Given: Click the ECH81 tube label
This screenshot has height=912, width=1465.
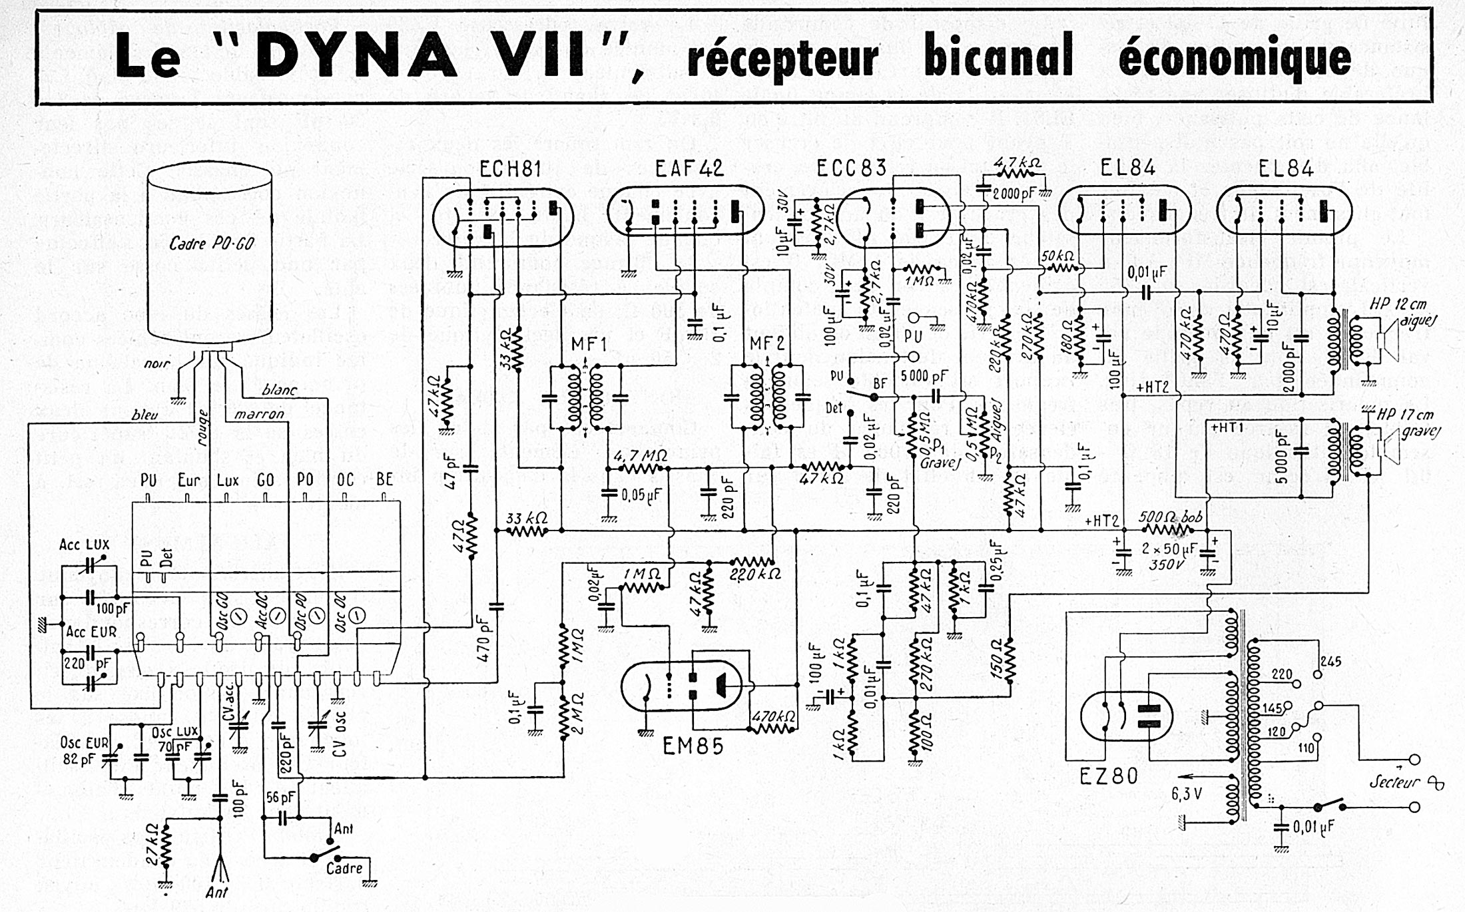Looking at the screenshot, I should point(510,170).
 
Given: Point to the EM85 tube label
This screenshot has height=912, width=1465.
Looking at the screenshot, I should point(693,747).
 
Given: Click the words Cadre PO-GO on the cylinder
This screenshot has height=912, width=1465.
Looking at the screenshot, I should point(212,244).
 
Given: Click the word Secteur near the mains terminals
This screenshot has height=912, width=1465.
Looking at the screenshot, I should point(1394,782).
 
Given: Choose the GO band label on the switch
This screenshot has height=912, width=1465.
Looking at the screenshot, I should point(266,480).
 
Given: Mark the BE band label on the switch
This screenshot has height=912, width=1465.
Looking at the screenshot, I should point(385,479).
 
